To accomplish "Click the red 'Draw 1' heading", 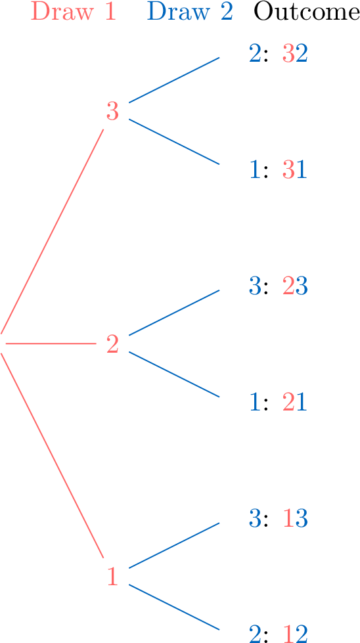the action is [74, 12].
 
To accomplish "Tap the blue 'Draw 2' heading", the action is [191, 12].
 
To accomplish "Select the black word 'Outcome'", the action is [307, 12].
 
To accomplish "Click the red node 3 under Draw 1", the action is [113, 111].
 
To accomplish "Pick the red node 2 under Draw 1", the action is [113, 344].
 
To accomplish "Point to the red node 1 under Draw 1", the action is [113, 576].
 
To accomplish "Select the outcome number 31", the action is [295, 170].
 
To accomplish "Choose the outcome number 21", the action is [295, 403].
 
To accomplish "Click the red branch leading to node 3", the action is [52, 232].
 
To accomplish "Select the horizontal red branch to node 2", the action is [51, 344].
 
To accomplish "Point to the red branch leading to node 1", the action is [52, 456].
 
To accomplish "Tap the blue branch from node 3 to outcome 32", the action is [174, 80].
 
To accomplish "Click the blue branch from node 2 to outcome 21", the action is [174, 374].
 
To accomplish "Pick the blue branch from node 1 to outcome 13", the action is [174, 545].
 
